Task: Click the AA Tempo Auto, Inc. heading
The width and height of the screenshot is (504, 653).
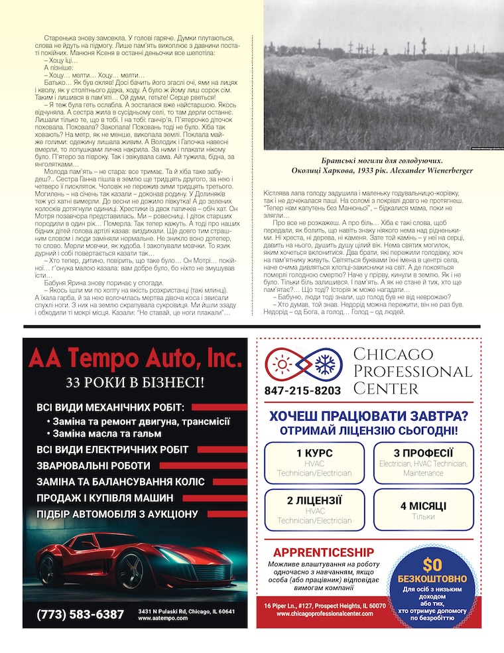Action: [135, 359]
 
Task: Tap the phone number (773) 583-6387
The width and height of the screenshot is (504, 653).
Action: [80, 614]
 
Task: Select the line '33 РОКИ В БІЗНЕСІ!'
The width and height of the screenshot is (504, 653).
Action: [135, 383]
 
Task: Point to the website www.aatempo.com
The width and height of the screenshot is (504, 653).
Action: [162, 618]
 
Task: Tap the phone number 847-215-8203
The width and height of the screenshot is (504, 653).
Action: [302, 391]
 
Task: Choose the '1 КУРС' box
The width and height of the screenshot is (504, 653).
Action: [315, 462]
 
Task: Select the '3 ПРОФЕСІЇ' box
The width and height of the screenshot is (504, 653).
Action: [423, 462]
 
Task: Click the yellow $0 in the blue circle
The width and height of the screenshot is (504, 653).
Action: [432, 565]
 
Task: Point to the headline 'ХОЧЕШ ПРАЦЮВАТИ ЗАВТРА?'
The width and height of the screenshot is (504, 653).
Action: [367, 416]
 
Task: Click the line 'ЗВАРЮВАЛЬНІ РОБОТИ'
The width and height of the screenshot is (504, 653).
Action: [94, 466]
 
